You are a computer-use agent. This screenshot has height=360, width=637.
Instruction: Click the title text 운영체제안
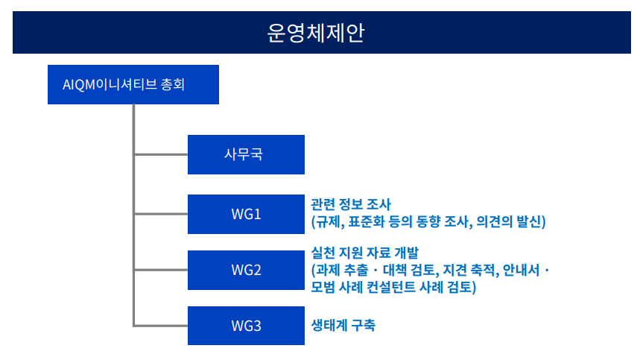pyautogui.click(x=316, y=33)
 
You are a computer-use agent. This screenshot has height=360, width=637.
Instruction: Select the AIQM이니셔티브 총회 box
pyautogui.click(x=133, y=84)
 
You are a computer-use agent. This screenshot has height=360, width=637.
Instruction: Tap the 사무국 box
pyautogui.click(x=246, y=154)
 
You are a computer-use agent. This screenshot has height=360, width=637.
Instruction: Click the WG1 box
pyautogui.click(x=246, y=214)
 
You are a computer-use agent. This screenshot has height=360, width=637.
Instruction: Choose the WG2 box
pyautogui.click(x=246, y=271)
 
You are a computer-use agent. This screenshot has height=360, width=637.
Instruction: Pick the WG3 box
pyautogui.click(x=246, y=326)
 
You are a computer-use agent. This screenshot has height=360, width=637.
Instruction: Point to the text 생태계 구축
pyautogui.click(x=343, y=325)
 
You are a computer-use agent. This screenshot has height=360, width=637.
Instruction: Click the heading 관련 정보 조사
pyautogui.click(x=351, y=204)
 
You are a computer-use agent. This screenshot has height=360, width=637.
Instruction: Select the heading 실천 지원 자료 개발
pyautogui.click(x=365, y=253)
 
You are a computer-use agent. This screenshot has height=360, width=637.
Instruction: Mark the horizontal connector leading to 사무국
pyautogui.click(x=161, y=154)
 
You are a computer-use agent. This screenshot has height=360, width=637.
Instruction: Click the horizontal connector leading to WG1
pyautogui.click(x=161, y=214)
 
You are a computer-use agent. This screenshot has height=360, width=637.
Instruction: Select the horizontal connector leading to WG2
pyautogui.click(x=161, y=270)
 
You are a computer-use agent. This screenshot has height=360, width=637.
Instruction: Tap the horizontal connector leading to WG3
pyautogui.click(x=161, y=326)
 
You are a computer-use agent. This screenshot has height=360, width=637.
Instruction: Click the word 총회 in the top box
pyautogui.click(x=173, y=84)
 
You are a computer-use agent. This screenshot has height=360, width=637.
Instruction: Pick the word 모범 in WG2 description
pyautogui.click(x=323, y=287)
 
